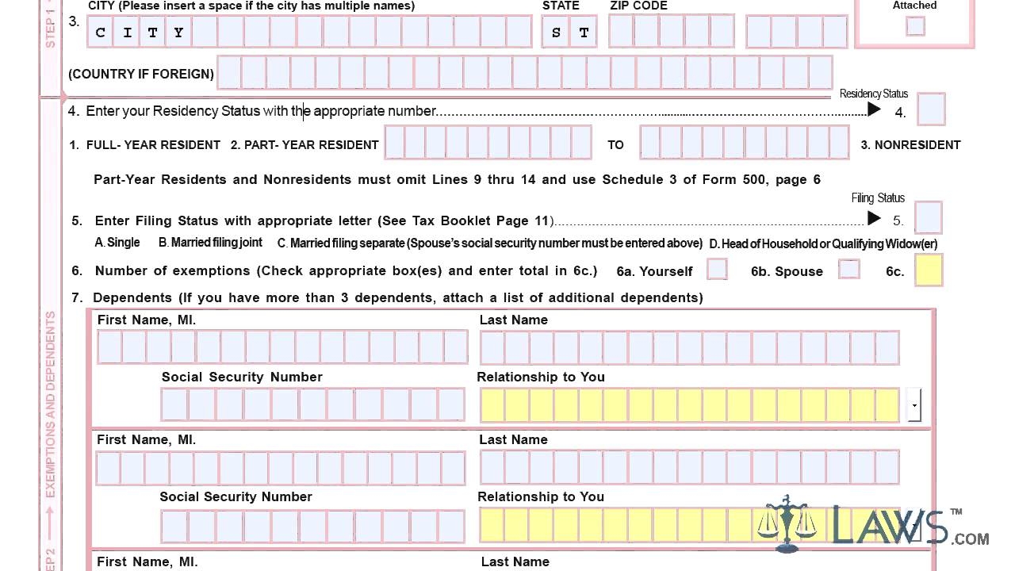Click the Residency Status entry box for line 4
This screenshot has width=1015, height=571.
[931, 109]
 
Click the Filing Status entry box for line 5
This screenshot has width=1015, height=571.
[928, 217]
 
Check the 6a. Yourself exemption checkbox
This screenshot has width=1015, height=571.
[717, 269]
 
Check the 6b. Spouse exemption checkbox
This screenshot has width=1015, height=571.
[848, 269]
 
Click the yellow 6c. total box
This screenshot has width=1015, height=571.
[929, 270]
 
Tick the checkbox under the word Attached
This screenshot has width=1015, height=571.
[915, 26]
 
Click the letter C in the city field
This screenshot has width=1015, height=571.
[101, 33]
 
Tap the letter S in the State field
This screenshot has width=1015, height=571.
[556, 33]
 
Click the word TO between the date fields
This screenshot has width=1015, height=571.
[615, 145]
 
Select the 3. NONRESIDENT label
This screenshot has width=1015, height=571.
[910, 145]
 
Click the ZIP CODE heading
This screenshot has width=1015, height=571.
[638, 6]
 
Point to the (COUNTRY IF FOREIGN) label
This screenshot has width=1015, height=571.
[141, 74]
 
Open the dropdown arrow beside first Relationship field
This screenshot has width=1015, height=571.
[914, 405]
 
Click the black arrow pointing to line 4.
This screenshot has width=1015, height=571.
[874, 109]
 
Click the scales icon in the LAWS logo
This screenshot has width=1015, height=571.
[787, 523]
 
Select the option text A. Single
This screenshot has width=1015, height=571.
[117, 243]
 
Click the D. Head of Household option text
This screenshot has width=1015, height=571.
[822, 243]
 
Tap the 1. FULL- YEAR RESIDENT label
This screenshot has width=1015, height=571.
[144, 145]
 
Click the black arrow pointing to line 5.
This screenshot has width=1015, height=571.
[874, 218]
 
